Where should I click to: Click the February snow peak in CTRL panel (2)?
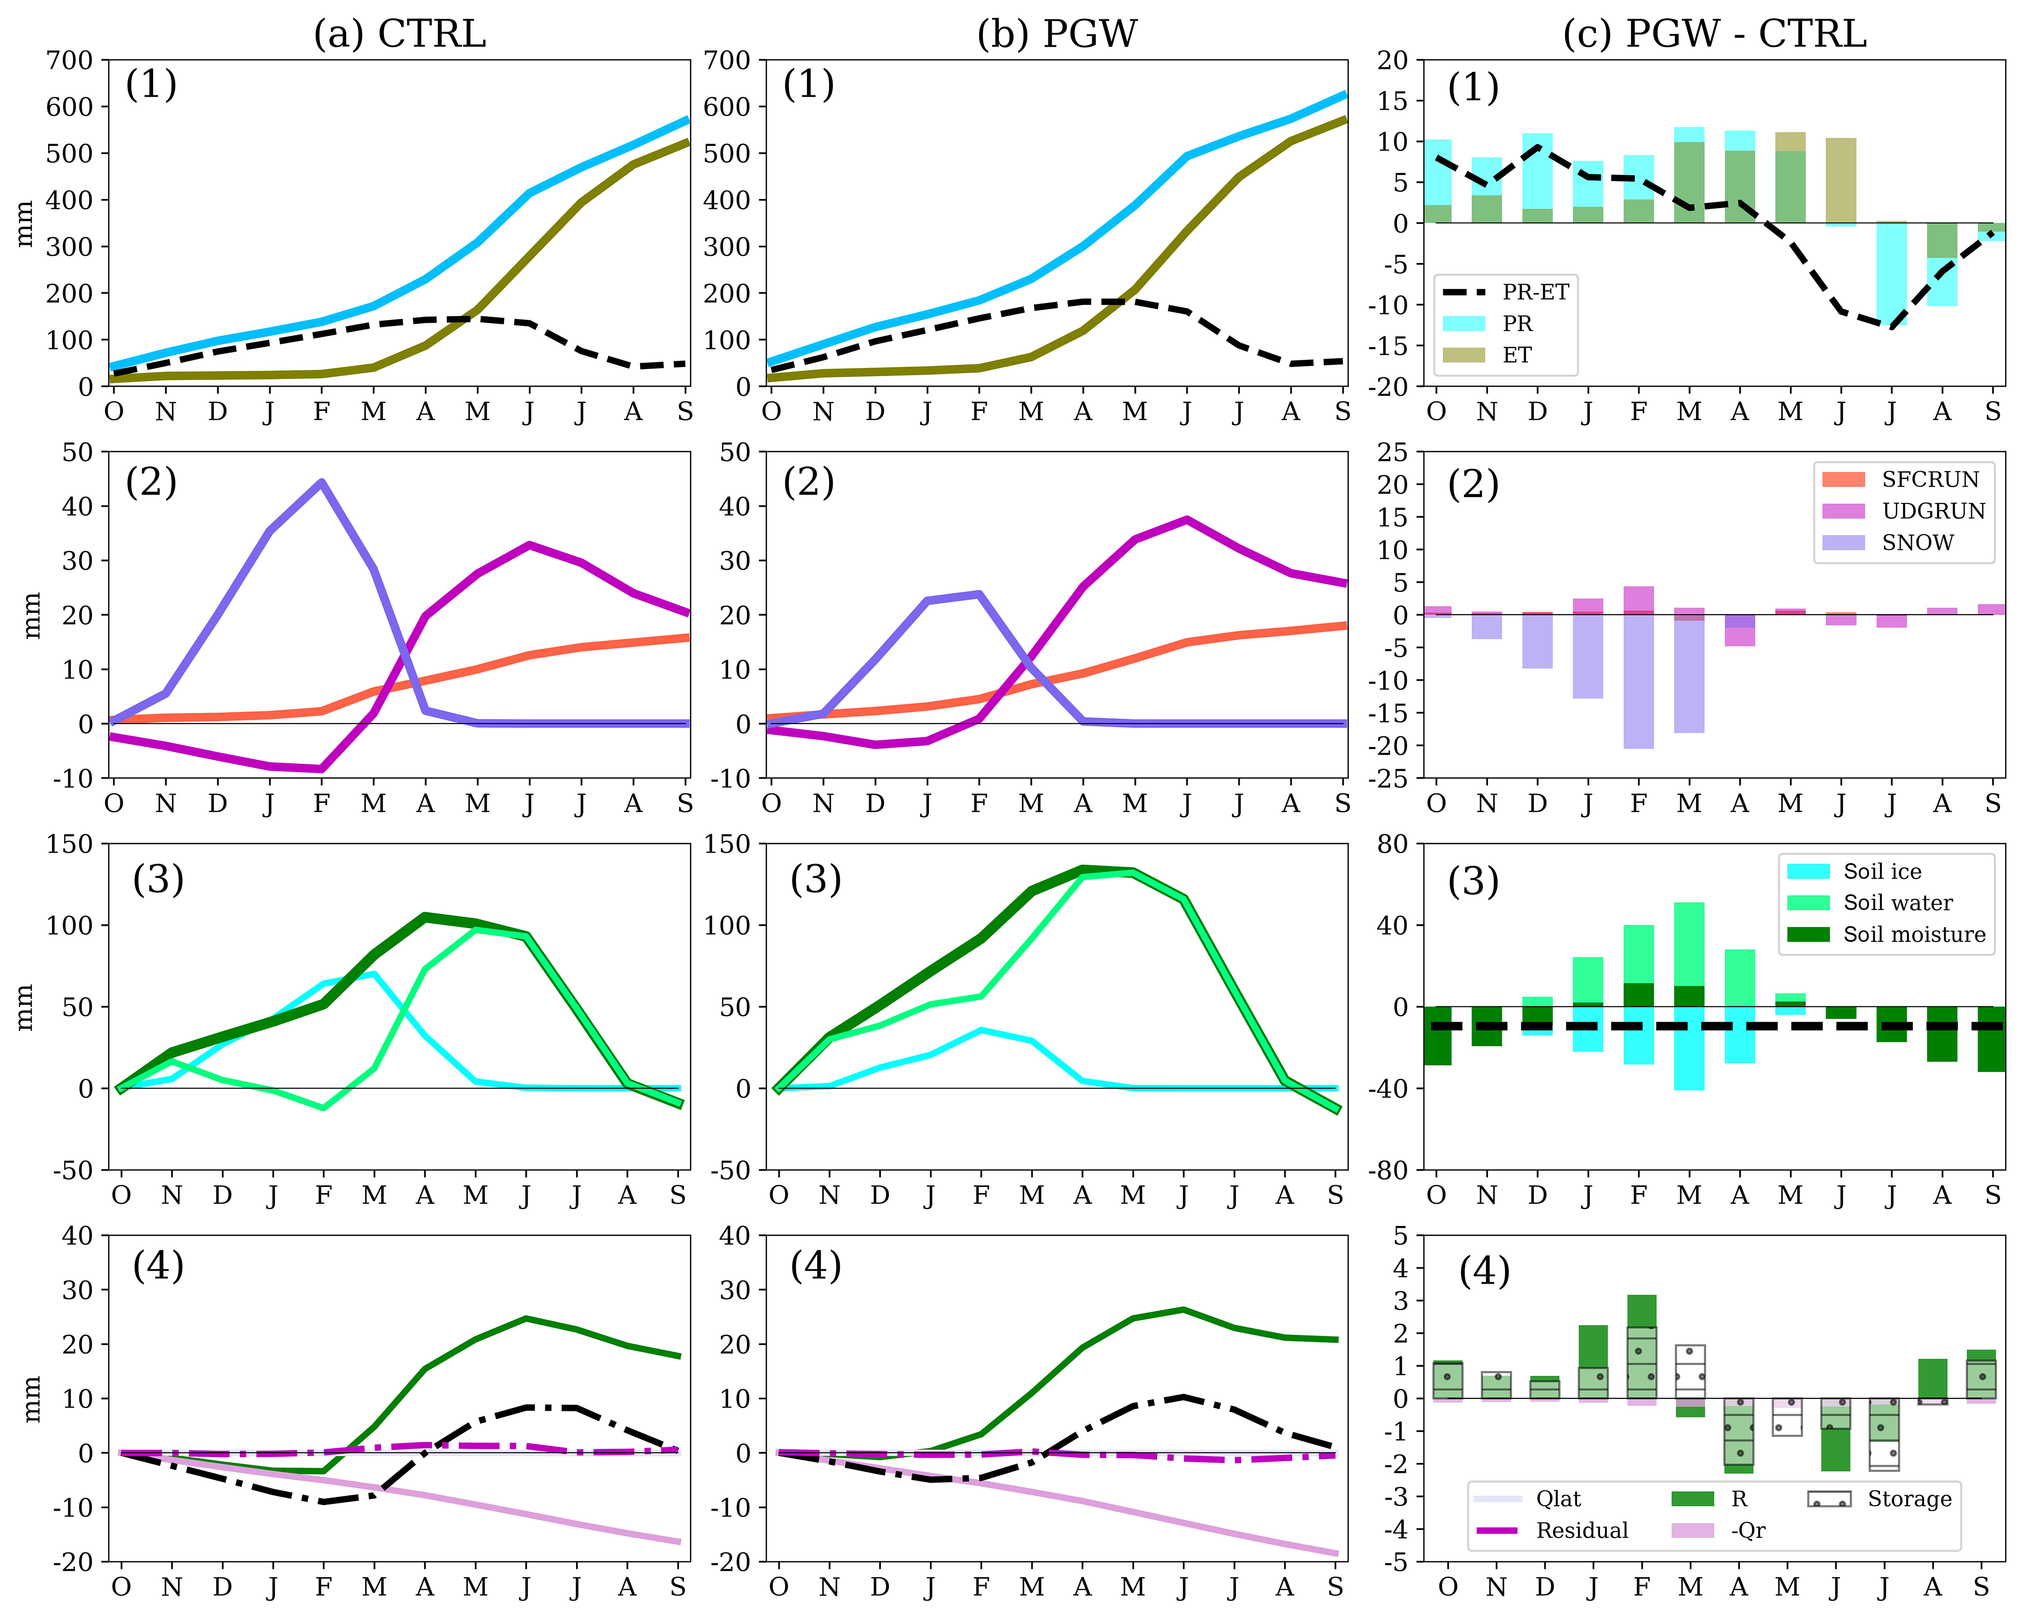322,483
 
